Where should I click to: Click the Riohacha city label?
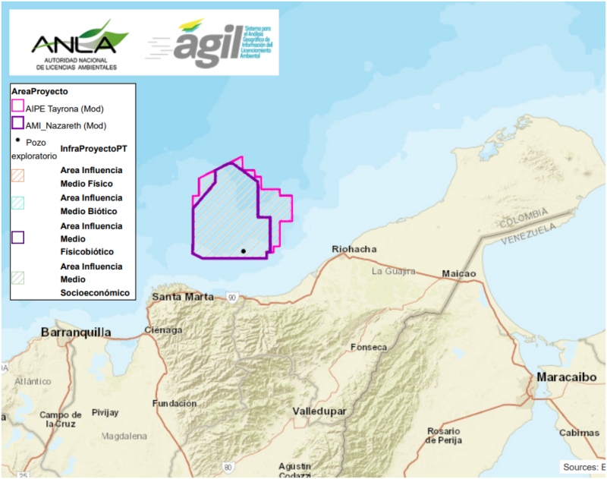(354, 250)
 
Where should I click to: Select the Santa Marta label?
(182, 296)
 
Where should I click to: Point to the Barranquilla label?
(76, 332)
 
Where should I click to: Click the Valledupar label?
(319, 411)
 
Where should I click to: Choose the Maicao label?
(458, 273)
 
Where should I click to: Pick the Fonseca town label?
(368, 347)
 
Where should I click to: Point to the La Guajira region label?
(394, 271)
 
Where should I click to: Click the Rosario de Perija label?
(444, 436)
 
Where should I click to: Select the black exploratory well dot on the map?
(243, 251)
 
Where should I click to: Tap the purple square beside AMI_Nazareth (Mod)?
(17, 124)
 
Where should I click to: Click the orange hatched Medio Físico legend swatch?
(17, 175)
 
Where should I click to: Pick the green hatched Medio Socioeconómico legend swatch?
(17, 278)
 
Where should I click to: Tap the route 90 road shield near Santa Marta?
(231, 297)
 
